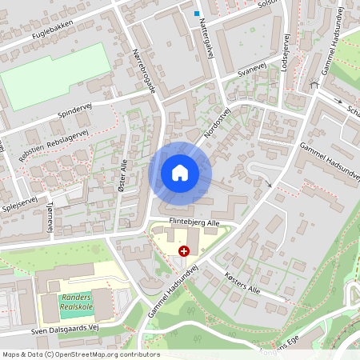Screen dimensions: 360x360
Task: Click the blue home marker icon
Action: pyautogui.click(x=180, y=172)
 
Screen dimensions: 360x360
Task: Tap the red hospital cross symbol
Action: pyautogui.click(x=185, y=250)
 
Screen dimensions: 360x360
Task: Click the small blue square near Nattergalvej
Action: pyautogui.click(x=197, y=13)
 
